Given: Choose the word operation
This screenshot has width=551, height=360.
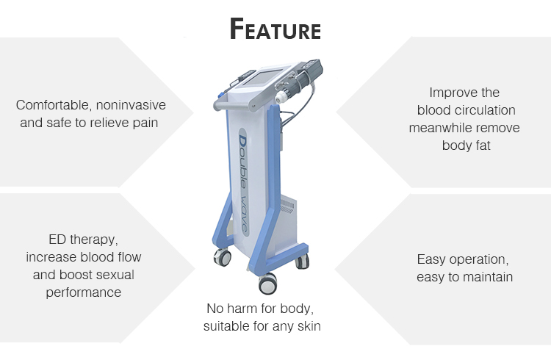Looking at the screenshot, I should tap(482, 259).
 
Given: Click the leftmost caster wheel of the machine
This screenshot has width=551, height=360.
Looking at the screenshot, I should tap(222, 259).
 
